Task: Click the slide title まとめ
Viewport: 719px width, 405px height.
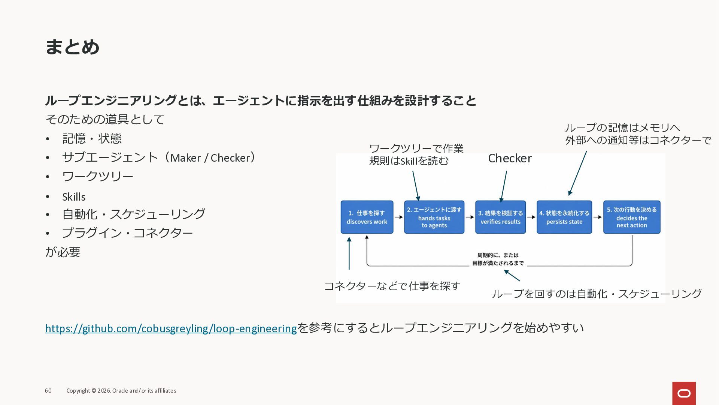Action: coord(72,47)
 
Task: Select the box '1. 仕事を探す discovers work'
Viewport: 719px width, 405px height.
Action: coord(367,217)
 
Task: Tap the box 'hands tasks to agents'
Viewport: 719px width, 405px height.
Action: coord(434,217)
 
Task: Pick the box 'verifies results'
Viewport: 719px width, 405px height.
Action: coord(501,217)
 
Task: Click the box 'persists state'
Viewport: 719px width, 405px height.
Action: coord(564,217)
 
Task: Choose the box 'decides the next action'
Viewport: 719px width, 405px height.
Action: coord(632,217)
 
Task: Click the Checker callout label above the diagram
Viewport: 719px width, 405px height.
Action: coord(510,158)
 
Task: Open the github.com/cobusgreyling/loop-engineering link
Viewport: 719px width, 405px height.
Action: coord(171,328)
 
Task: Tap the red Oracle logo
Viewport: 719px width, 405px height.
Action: coord(684,393)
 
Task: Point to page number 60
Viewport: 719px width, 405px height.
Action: coord(48,391)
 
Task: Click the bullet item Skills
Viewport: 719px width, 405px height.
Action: coord(74,197)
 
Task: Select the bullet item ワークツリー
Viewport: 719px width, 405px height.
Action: coord(98,176)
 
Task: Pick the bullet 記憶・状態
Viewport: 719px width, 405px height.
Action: coord(92,138)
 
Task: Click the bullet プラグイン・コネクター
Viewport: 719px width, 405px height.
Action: coord(127,233)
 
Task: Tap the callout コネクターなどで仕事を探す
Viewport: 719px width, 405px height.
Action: coord(392,286)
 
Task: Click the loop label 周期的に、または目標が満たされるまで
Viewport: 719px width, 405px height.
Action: coord(498,259)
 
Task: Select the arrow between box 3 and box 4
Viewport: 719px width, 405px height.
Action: coord(531,217)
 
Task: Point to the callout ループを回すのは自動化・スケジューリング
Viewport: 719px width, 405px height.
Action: coord(597,294)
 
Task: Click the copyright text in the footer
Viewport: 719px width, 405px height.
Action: coord(121,391)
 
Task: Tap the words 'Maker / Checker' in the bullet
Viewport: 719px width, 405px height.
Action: coord(210,158)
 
